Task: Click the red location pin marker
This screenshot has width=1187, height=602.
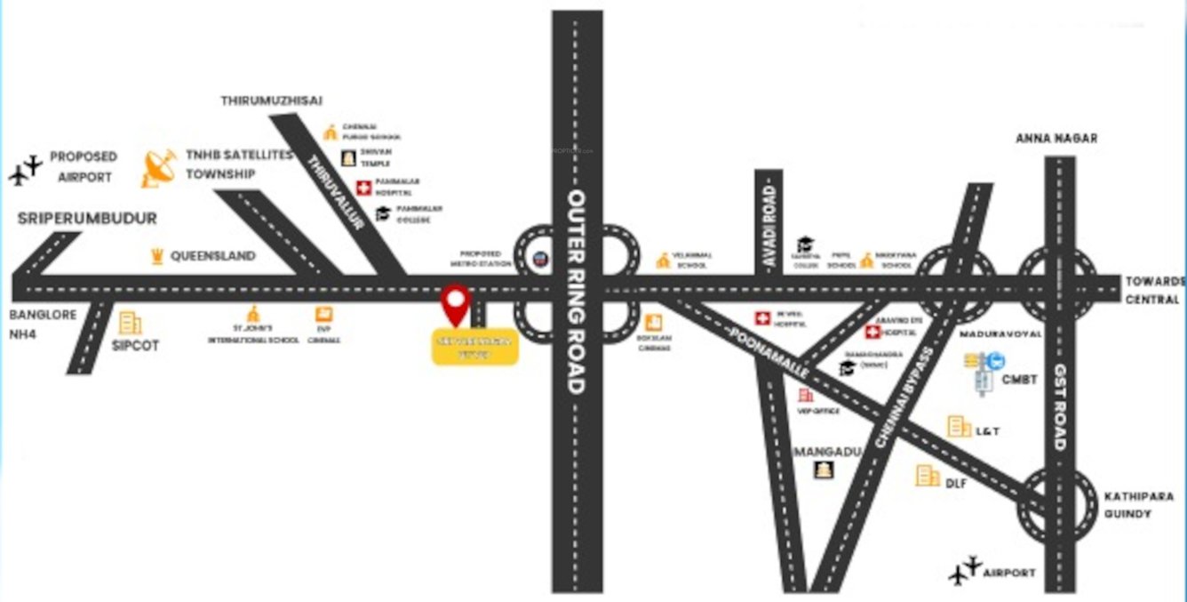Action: (x=455, y=304)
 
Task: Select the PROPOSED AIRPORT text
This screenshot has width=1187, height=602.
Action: (x=84, y=166)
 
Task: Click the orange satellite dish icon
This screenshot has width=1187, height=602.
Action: (x=159, y=168)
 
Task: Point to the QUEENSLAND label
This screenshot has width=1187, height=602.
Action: (x=212, y=256)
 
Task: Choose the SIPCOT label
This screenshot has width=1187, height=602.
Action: (x=136, y=345)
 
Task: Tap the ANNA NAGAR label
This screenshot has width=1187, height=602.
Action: (x=1056, y=139)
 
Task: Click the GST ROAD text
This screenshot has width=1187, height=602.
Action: (x=1060, y=405)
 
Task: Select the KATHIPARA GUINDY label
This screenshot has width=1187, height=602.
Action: (x=1139, y=504)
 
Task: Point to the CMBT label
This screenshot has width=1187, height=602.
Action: (x=1019, y=380)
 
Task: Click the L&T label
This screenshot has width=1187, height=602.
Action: (x=988, y=431)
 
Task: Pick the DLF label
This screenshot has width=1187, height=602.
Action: (x=956, y=483)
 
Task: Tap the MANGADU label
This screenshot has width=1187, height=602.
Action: (x=828, y=452)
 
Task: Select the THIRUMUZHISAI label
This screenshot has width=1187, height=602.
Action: (x=271, y=100)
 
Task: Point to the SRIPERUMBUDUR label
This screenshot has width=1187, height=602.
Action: (x=87, y=219)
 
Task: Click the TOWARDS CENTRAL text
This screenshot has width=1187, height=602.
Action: (x=1154, y=290)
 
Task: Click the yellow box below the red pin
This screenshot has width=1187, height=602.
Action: (x=474, y=347)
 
